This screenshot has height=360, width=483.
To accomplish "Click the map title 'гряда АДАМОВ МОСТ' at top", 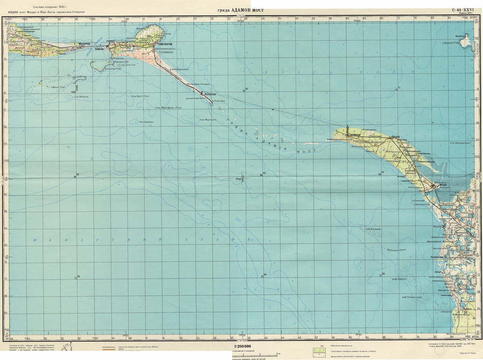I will point(240,10).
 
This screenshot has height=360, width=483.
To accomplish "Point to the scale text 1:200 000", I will point(242,346).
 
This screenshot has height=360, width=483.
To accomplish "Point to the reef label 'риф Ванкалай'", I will point(373,229).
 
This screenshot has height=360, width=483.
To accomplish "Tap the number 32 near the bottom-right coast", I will point(466,313).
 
